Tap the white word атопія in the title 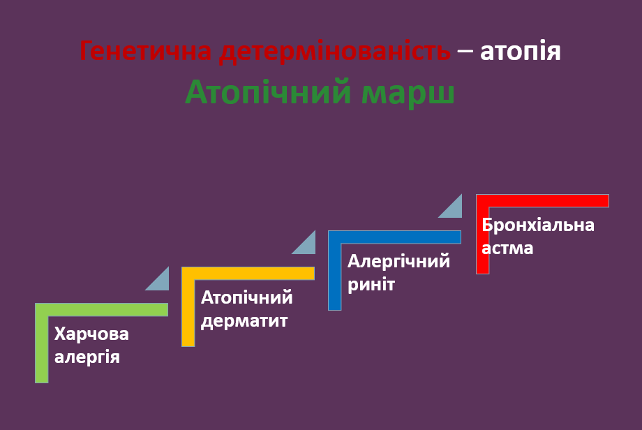[x=521, y=52]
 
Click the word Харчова [x=91, y=334]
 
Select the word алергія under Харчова [x=87, y=357]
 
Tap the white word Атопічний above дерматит [x=246, y=297]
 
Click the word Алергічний [x=399, y=262]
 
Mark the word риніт [x=371, y=285]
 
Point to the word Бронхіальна [x=538, y=225]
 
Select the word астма [x=507, y=248]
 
